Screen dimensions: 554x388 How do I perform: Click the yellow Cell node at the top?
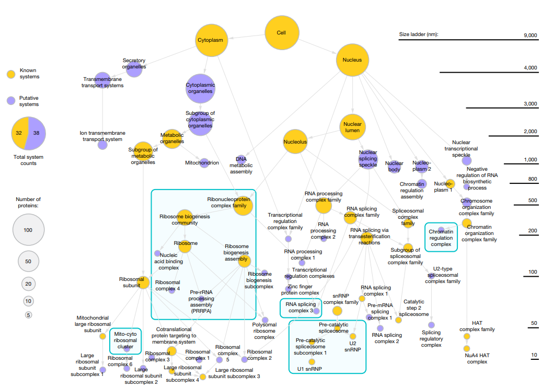pos(282,32)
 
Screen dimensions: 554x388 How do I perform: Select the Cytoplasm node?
pos(212,40)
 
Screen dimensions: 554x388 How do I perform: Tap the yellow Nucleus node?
pos(353,60)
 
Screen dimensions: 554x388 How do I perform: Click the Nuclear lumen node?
pos(353,127)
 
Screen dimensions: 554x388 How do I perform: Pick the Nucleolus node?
pos(295,142)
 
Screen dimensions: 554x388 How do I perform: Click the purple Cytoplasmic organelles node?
pos(200,89)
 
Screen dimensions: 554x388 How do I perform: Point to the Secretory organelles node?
pos(134,68)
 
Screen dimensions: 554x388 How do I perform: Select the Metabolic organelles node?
pos(172,139)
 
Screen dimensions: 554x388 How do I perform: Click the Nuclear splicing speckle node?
pos(368,159)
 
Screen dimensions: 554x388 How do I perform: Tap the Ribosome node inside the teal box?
pos(185,246)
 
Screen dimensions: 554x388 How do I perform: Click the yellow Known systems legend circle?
pos(11,74)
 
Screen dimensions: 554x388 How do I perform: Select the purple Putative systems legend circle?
pos(11,101)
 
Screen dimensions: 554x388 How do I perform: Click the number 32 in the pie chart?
pos(19,133)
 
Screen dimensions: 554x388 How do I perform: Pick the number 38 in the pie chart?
pos(37,133)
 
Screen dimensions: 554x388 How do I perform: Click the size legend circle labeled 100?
pos(28,230)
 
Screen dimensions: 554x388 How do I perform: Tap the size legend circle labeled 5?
pos(29,315)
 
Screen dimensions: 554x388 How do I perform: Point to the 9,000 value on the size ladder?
pos(530,36)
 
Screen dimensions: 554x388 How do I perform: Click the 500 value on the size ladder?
pos(533,201)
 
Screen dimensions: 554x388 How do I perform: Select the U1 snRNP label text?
pos(309,369)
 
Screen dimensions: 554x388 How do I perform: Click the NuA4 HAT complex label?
pos(477,358)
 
